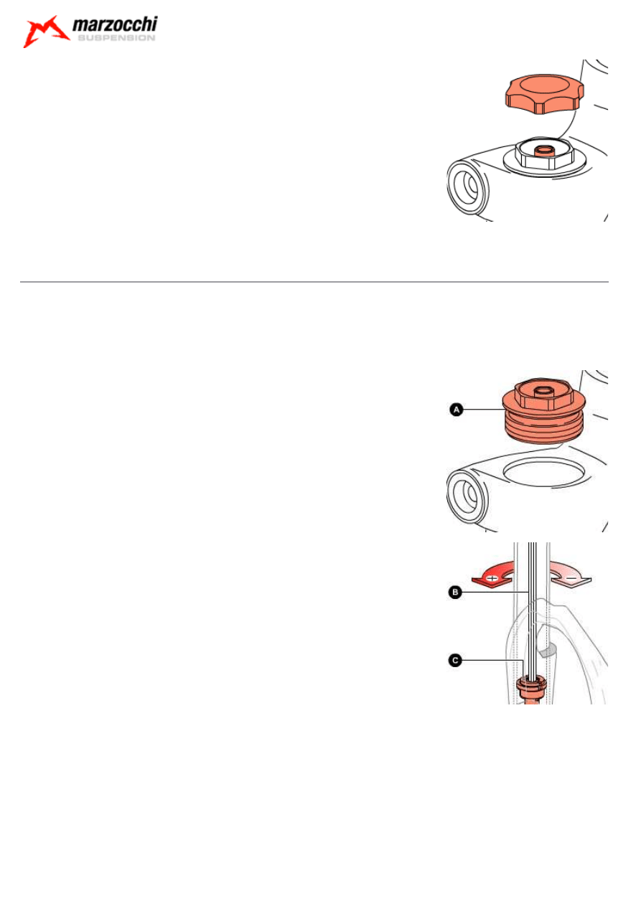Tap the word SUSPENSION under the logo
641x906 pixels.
pyautogui.click(x=115, y=39)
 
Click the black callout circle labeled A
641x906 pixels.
pyautogui.click(x=455, y=409)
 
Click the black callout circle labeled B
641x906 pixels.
pyautogui.click(x=454, y=593)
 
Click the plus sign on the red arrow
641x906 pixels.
pyautogui.click(x=493, y=577)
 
